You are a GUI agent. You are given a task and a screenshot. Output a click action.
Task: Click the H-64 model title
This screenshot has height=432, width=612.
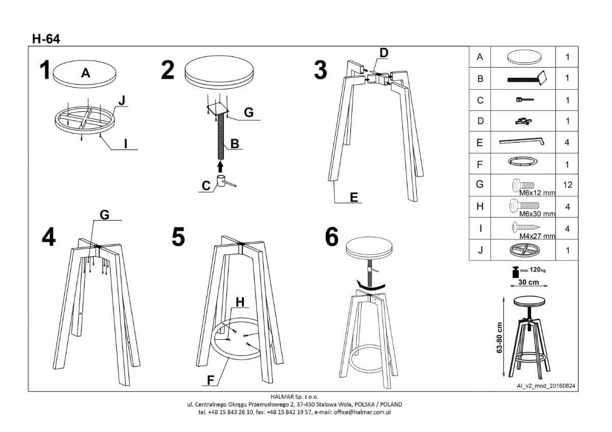45,38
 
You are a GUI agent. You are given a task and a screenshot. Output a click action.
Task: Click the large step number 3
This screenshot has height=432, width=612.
320,70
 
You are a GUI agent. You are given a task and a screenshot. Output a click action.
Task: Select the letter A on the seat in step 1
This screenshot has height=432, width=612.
86,73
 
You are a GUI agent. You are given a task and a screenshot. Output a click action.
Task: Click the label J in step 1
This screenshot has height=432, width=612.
121,101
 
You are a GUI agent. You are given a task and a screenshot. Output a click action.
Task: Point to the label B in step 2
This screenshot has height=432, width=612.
234,144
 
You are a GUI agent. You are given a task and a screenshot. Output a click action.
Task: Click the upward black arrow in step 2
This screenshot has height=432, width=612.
220,166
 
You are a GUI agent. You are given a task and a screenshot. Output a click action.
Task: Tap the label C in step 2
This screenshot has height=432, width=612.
206,186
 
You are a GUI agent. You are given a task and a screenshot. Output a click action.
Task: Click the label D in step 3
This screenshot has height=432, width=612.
384,52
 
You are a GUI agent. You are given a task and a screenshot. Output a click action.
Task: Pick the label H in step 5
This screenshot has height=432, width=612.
240,302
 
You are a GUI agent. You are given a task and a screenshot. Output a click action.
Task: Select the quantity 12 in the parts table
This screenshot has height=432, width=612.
567,185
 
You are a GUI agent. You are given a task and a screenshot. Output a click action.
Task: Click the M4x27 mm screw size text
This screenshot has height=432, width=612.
537,236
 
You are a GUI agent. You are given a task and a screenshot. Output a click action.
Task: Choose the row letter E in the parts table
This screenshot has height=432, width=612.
479,143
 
